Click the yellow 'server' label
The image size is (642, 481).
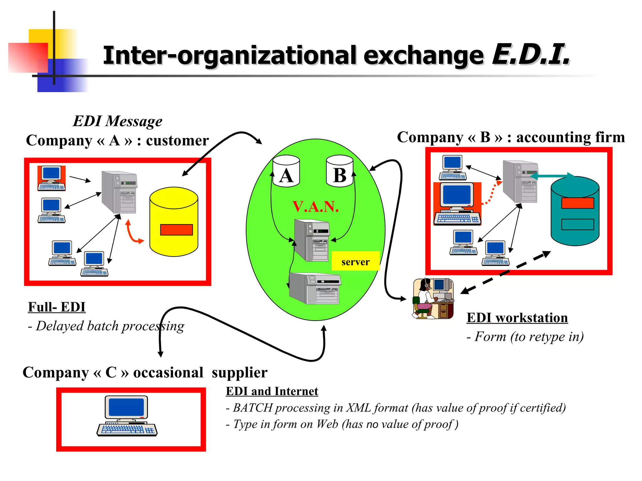(x=355, y=261)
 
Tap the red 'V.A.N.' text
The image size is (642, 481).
(x=315, y=207)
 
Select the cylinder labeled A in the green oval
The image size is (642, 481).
(x=286, y=171)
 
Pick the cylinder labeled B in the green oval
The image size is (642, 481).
(x=339, y=171)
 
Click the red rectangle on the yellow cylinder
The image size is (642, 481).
(x=176, y=230)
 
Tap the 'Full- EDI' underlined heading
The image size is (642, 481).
(x=57, y=307)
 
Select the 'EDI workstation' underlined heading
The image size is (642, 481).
(x=517, y=318)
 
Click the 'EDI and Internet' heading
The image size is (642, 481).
(x=272, y=391)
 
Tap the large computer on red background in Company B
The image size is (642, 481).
(x=457, y=204)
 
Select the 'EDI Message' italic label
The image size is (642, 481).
(x=118, y=121)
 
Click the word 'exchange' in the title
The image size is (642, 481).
(x=423, y=56)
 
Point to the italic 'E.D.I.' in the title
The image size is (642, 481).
(x=531, y=55)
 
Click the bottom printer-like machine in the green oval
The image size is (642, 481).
(x=315, y=288)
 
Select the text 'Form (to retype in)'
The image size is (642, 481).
(x=529, y=337)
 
